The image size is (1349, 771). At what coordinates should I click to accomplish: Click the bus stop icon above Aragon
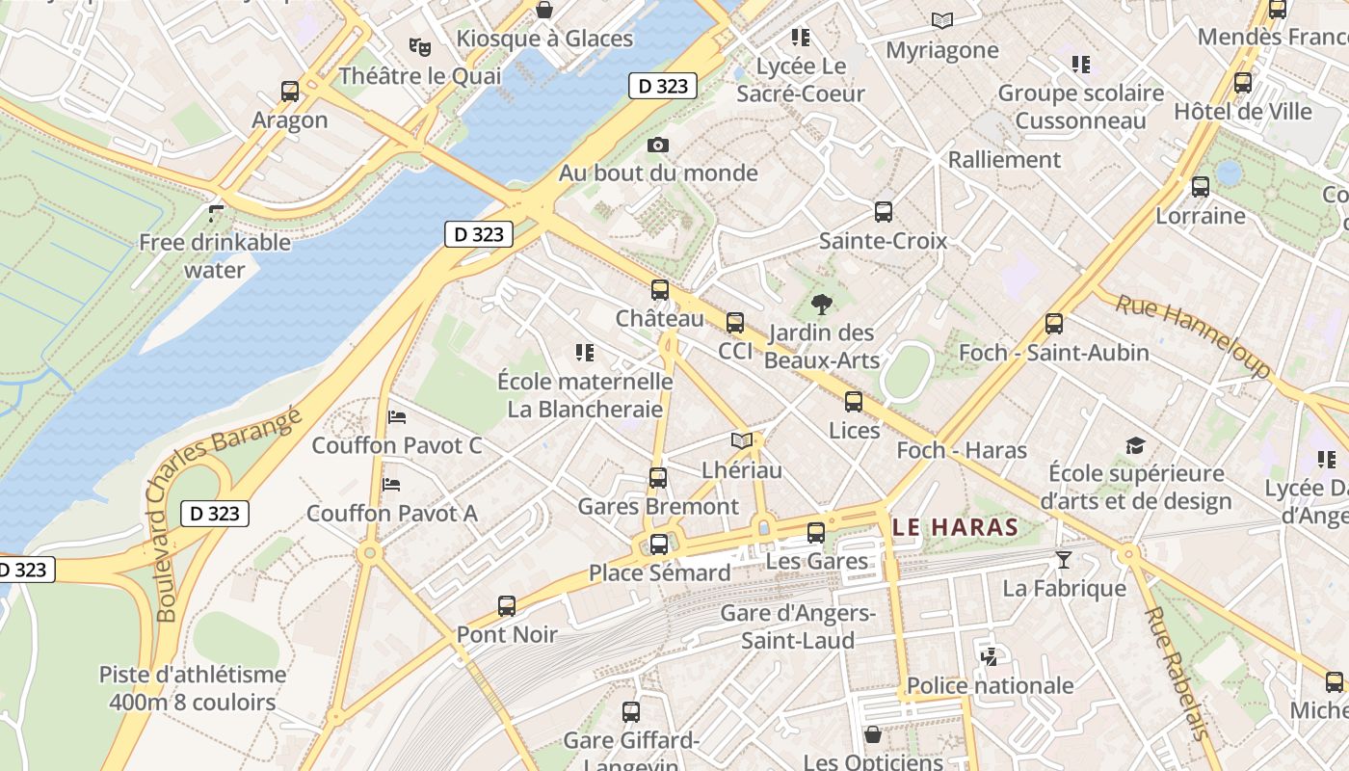coord(290,92)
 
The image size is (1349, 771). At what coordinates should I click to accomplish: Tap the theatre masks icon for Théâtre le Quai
coord(418,45)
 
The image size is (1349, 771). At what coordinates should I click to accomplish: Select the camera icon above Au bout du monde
coord(658,145)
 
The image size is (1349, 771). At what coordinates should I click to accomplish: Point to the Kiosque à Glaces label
coord(544,39)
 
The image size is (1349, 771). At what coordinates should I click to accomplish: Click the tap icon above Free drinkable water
coord(216,213)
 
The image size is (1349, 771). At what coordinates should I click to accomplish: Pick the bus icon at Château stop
coord(660,289)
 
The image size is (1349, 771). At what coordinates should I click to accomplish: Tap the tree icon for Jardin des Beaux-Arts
coord(822,305)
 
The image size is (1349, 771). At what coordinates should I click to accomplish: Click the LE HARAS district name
coord(955,527)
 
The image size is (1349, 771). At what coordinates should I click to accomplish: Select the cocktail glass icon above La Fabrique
coord(1063,560)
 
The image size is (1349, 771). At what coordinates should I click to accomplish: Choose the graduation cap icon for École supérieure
coord(1135,445)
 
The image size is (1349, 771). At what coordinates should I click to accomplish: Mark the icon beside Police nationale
coord(988,657)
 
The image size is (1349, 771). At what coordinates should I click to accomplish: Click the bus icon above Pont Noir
coord(507,606)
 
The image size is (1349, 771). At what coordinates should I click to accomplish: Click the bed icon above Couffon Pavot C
coord(396,417)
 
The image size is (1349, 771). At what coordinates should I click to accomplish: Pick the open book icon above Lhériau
coord(741,441)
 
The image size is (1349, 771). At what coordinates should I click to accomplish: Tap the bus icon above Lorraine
coord(1200,187)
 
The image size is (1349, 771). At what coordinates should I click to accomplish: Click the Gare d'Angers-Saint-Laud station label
coord(798,626)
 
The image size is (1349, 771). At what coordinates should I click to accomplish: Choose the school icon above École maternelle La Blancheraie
coord(584,353)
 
